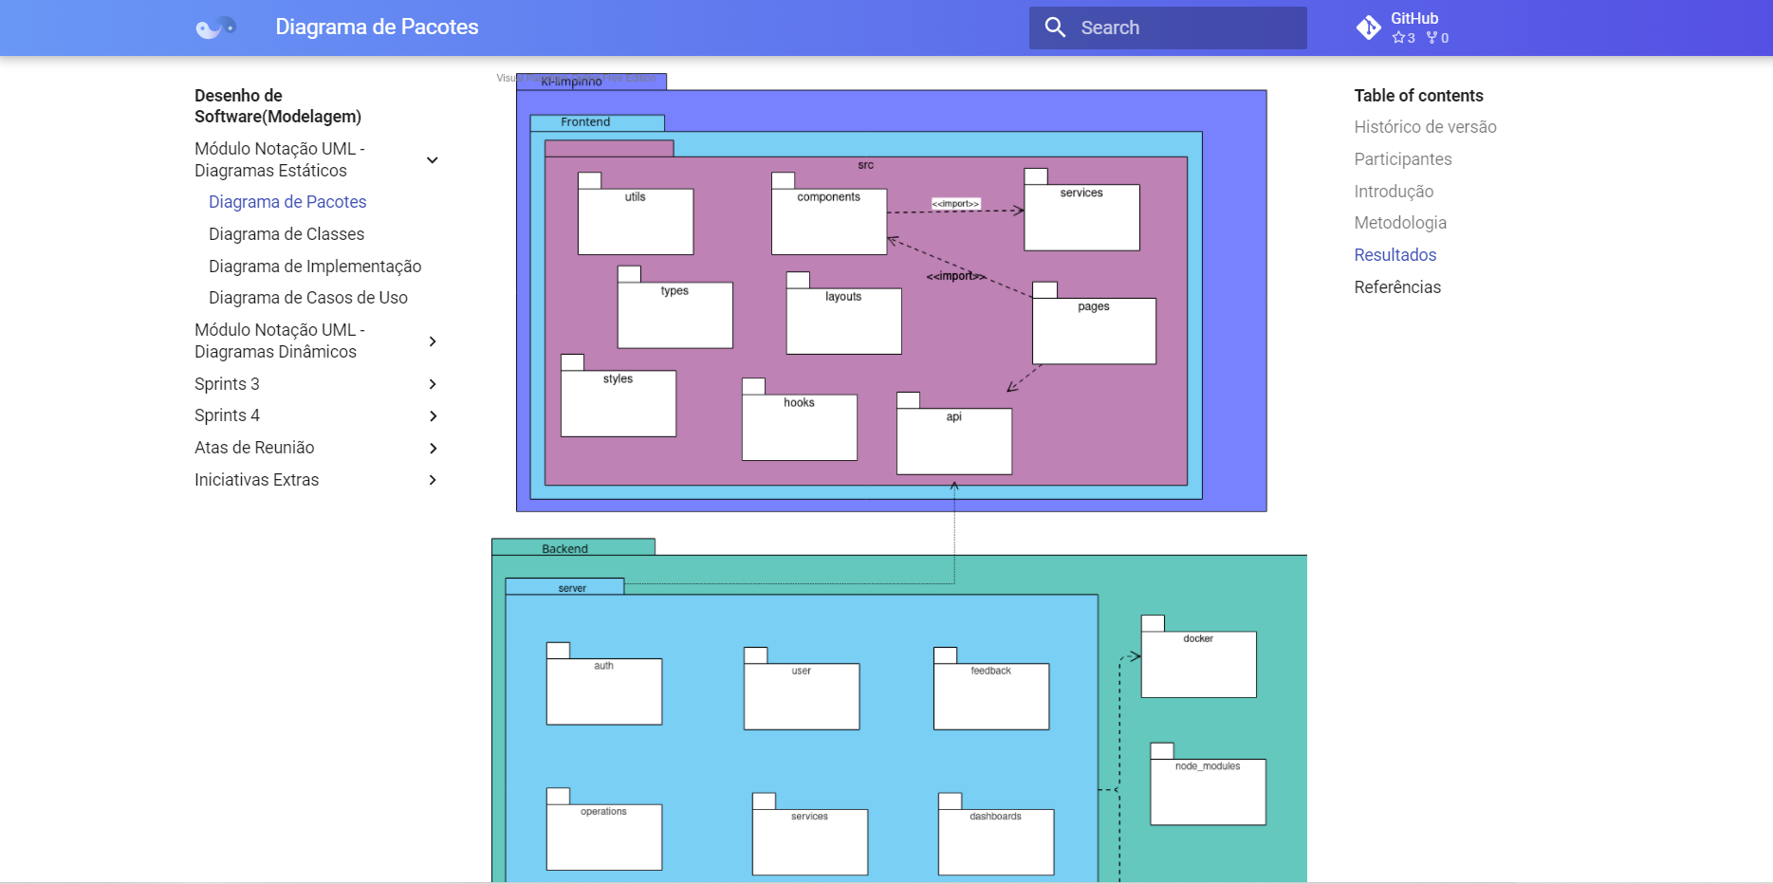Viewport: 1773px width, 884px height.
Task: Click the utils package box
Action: [636, 222]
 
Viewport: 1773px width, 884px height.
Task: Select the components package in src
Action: [828, 222]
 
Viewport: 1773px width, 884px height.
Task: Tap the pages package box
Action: [1093, 331]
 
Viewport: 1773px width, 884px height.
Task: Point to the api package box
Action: [953, 441]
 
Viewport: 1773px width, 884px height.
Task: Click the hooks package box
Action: [799, 428]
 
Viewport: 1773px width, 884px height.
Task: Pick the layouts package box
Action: [843, 322]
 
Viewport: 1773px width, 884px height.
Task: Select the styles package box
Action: [618, 403]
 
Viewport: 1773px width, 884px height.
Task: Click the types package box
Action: [674, 315]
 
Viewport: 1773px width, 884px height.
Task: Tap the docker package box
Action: [1198, 664]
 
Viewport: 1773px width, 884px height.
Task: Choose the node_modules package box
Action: [1208, 792]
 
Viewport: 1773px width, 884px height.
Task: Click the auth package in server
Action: [603, 691]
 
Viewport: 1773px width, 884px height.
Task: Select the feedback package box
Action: [990, 696]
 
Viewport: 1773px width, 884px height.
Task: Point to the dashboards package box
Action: [995, 842]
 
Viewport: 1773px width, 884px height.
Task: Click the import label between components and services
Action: [955, 204]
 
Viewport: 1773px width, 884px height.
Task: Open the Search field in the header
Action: [1167, 28]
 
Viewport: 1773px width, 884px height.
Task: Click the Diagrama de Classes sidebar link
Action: [286, 234]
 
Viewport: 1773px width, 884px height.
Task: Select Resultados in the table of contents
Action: [1394, 255]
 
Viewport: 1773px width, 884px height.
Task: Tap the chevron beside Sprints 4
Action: [433, 416]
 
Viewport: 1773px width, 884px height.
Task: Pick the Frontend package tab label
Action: [585, 122]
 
